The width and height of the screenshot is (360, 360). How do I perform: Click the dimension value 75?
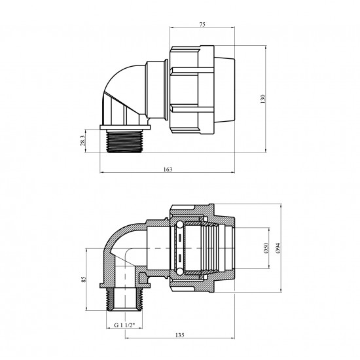tap(202, 25)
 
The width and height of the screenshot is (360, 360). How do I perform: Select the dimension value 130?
tap(263, 99)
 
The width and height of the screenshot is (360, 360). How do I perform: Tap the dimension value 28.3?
tap(82, 141)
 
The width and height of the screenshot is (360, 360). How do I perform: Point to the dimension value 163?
tap(168, 170)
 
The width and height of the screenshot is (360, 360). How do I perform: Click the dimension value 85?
tap(84, 279)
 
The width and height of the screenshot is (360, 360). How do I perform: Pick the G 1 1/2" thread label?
tap(124, 325)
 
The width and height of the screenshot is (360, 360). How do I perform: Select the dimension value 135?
tap(180, 335)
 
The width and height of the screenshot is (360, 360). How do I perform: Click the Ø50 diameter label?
tap(266, 248)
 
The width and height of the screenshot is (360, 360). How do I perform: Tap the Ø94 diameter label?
tap(278, 248)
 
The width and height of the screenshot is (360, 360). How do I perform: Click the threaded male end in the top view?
tap(124, 141)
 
